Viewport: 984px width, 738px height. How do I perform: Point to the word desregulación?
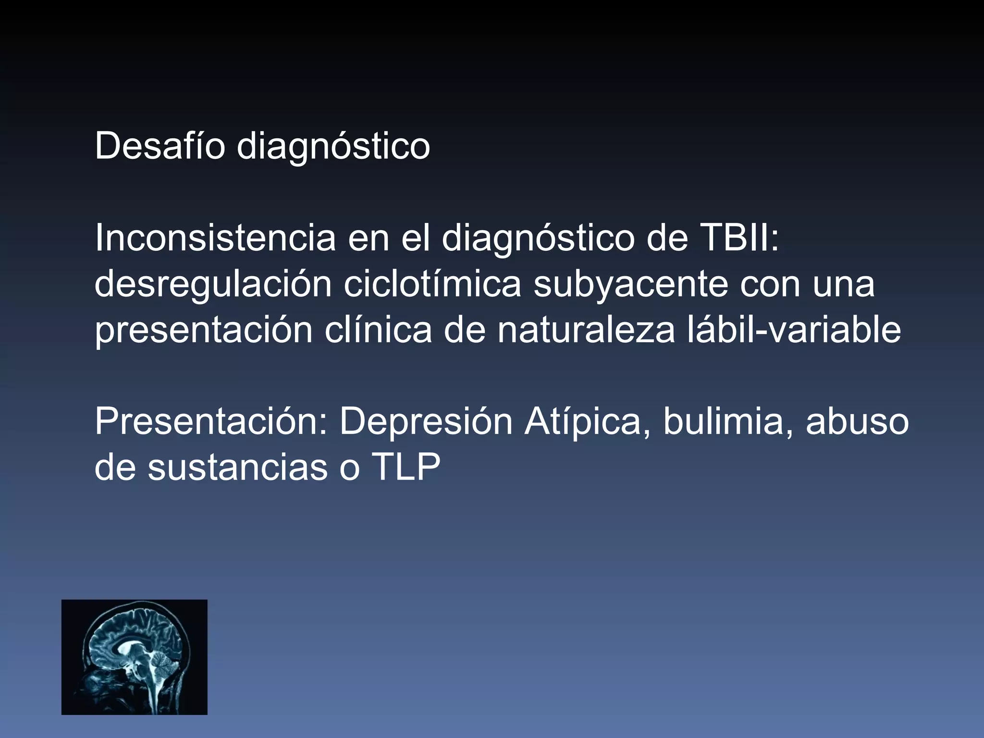click(x=213, y=284)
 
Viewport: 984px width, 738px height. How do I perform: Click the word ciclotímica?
click(x=432, y=284)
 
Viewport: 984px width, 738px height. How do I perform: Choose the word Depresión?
click(x=426, y=422)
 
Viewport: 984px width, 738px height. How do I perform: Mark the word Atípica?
click(x=587, y=422)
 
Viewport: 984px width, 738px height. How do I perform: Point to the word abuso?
click(x=857, y=422)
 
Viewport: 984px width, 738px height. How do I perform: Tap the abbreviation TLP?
click(x=405, y=467)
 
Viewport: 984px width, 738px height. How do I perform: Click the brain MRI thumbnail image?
click(x=134, y=657)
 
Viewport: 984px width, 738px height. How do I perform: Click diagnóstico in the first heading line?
click(x=333, y=147)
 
